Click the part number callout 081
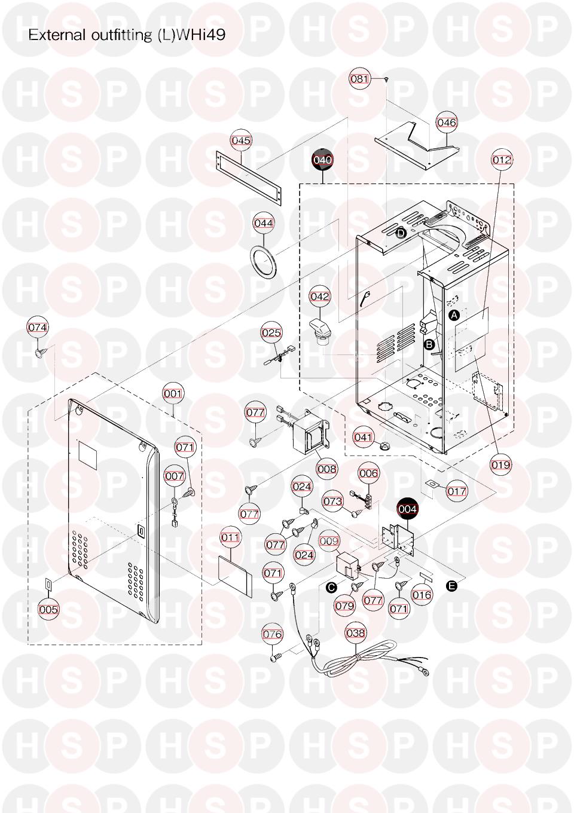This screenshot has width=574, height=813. pyautogui.click(x=360, y=79)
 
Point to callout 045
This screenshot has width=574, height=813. pyautogui.click(x=241, y=140)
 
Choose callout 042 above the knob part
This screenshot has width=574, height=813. pyautogui.click(x=320, y=297)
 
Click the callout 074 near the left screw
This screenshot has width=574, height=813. pyautogui.click(x=38, y=328)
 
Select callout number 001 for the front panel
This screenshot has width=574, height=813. pyautogui.click(x=173, y=393)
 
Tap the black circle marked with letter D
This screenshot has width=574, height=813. pyautogui.click(x=401, y=233)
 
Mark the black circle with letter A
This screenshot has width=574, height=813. pyautogui.click(x=454, y=314)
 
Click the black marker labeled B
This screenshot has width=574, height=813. pyautogui.click(x=429, y=344)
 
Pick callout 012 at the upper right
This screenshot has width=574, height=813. pyautogui.click(x=502, y=160)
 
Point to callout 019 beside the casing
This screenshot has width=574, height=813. pyautogui.click(x=500, y=464)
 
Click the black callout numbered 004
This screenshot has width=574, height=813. pyautogui.click(x=408, y=509)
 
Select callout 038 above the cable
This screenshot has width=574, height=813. pyautogui.click(x=356, y=633)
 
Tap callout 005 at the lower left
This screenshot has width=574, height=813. pyautogui.click(x=48, y=609)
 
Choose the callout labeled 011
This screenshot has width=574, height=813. pyautogui.click(x=230, y=537)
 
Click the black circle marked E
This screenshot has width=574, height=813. pyautogui.click(x=452, y=586)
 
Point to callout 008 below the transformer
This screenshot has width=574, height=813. pyautogui.click(x=327, y=469)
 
